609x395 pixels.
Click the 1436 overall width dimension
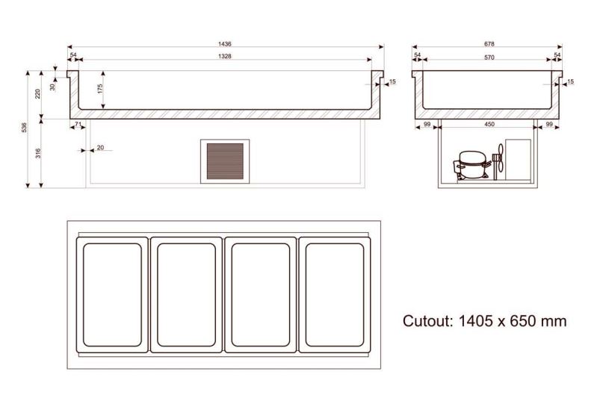tap(225, 44)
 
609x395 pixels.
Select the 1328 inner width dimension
tap(224, 56)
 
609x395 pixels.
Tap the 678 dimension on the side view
tap(489, 44)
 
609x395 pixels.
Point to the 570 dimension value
tap(489, 57)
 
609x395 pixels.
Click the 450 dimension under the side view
tap(489, 124)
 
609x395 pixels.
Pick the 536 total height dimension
tap(24, 128)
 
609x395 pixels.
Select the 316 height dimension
tap(38, 153)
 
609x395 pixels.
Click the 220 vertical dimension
tap(38, 93)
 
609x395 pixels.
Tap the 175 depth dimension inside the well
tap(100, 89)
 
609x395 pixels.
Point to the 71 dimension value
tap(78, 124)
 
